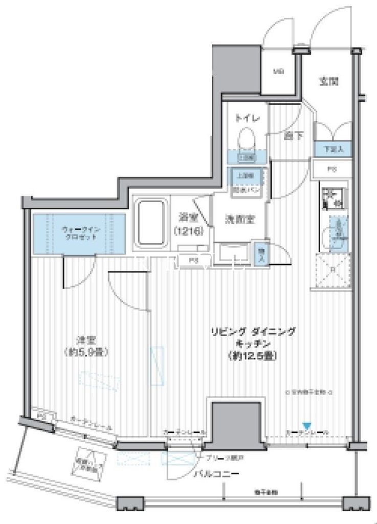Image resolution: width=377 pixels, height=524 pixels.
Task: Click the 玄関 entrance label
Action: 330,80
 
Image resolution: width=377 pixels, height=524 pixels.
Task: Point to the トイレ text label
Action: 247,118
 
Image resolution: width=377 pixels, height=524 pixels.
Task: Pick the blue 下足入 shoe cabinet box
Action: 332,148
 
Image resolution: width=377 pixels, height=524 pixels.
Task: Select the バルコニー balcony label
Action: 216,474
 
